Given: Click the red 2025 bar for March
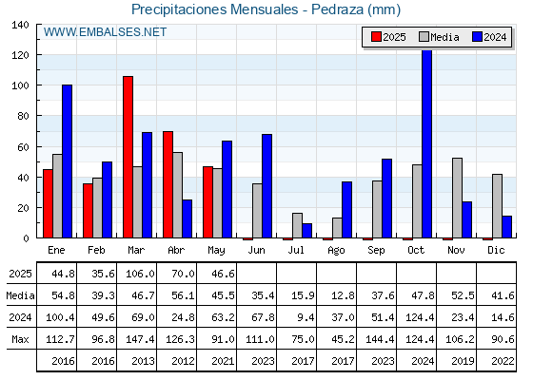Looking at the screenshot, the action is coord(128,157).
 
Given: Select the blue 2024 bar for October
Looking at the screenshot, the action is coord(426,143).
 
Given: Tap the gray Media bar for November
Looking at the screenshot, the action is coord(457,198).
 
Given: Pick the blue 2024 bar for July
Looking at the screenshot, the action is coord(306,231).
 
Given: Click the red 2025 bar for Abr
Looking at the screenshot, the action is coord(168,184).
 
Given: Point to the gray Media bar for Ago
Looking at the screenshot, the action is coord(337,228).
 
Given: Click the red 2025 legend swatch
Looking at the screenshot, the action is coord(376,37).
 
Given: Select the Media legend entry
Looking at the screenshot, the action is coord(439,37).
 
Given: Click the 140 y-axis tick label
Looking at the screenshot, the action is coord(21,25).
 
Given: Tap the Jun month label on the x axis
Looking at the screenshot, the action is coord(256,250).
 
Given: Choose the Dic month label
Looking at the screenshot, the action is coord(496,250).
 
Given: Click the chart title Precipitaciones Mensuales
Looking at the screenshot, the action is coord(215,9).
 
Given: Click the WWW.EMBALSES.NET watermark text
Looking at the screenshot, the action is coord(105,32).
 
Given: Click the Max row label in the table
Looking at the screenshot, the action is coord(20,339).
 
